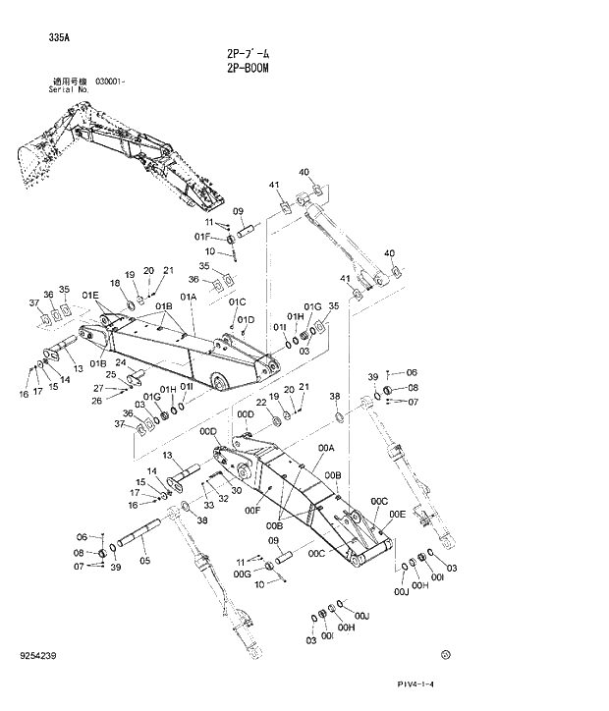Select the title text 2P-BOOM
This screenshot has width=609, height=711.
(247, 69)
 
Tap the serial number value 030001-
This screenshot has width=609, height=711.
(110, 82)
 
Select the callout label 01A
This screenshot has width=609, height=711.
(188, 296)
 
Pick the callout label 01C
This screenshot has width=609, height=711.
(238, 301)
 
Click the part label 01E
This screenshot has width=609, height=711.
(90, 295)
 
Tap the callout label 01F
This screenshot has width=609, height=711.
(202, 237)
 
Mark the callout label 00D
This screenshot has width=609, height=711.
(208, 430)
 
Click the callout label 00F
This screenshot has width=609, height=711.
(251, 510)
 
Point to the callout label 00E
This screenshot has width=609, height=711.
(397, 514)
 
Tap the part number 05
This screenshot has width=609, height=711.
(144, 561)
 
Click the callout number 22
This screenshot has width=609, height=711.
(261, 403)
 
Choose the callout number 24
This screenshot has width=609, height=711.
(120, 362)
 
